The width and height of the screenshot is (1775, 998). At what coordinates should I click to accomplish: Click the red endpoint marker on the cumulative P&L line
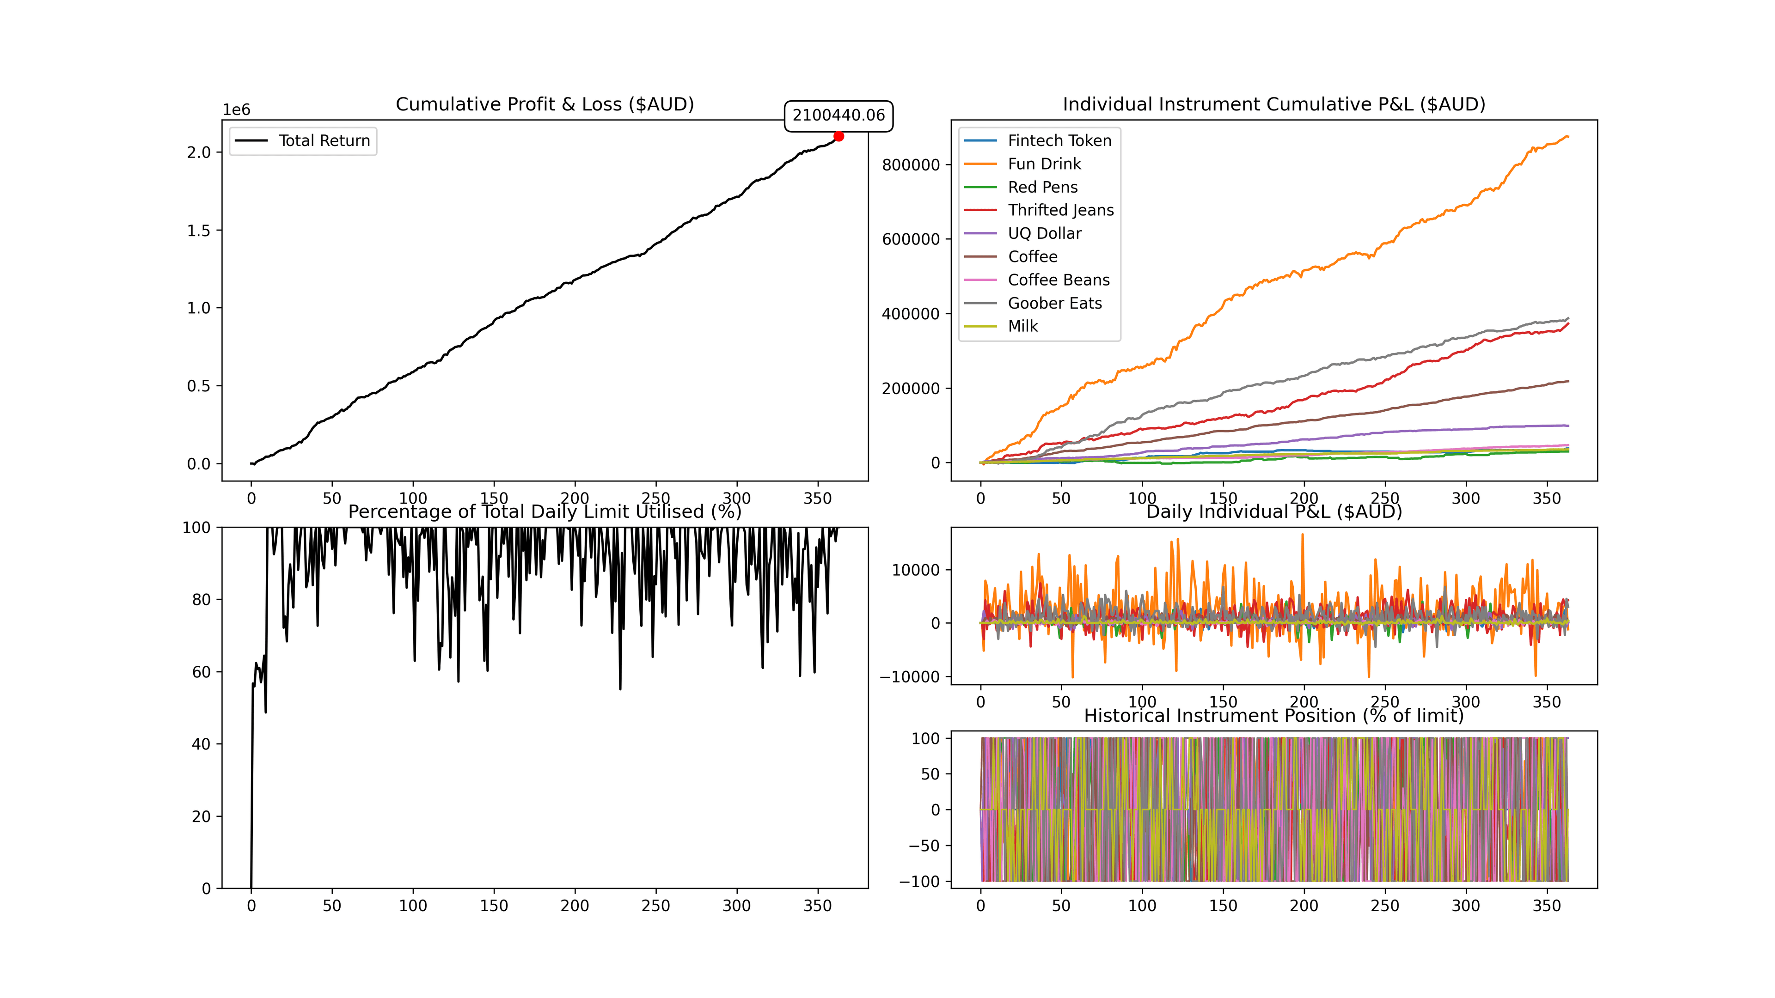tap(839, 136)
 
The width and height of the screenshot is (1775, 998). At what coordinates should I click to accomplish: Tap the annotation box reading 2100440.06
tap(838, 115)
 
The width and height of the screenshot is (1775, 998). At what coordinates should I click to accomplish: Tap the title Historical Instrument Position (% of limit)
tap(1273, 716)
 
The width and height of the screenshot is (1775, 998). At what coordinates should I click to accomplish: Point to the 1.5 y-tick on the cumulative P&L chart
tap(198, 231)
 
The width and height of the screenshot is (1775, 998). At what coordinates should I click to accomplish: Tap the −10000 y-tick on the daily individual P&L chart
tap(910, 677)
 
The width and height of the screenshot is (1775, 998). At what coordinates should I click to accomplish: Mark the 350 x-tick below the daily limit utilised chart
tap(817, 906)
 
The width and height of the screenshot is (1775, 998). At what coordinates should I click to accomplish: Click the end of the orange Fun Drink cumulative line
tap(1567, 136)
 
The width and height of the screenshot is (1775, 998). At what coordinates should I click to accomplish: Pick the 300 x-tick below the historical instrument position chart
tap(1466, 906)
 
